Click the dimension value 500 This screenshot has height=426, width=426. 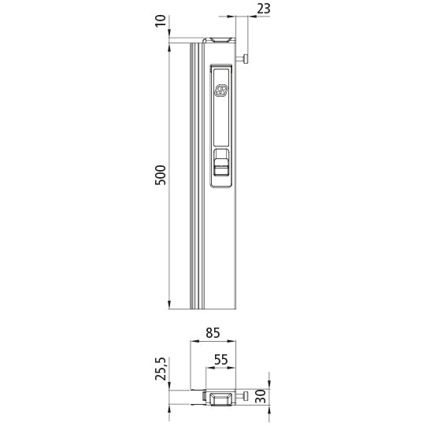coord(161,175)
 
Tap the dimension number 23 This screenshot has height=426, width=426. coord(263,9)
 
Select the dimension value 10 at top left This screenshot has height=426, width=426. coord(161,20)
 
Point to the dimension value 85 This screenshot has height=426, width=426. coord(213,332)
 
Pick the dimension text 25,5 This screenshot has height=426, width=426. coord(161,369)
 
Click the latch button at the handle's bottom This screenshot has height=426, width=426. coord(222,166)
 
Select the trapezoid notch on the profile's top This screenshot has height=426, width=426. coord(220,39)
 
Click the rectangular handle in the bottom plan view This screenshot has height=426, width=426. coord(220,398)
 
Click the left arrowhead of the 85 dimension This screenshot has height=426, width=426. coord(194,343)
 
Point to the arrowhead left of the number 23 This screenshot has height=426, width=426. coord(232,15)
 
